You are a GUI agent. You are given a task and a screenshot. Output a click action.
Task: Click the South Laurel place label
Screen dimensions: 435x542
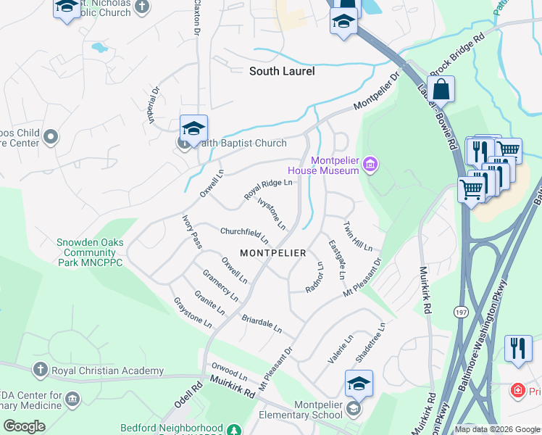point(282,71)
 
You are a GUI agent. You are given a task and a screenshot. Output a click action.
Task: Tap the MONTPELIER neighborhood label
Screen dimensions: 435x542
point(273,253)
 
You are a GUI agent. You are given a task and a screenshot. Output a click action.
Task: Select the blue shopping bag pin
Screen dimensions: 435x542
point(441,91)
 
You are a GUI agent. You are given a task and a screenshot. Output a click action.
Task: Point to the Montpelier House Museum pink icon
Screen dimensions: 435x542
point(370,165)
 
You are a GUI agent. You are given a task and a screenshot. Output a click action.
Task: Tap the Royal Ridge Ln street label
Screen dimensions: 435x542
point(268,189)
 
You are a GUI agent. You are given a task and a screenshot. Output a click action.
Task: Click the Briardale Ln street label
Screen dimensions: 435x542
point(262,323)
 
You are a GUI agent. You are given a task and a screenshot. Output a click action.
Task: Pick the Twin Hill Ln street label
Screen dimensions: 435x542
point(357,236)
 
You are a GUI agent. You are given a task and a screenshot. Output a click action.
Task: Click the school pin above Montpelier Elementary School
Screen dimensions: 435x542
point(359,384)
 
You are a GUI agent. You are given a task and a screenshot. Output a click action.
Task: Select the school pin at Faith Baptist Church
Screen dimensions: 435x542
point(193,129)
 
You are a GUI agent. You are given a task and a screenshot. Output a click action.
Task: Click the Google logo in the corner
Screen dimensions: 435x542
point(24,426)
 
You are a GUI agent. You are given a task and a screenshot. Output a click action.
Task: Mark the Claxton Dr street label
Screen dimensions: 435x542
point(196,16)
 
